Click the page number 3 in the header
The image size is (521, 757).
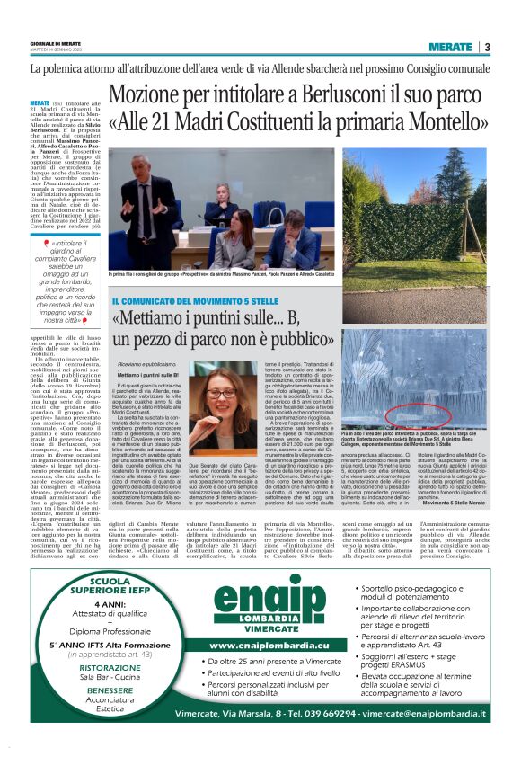pos(487,47)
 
